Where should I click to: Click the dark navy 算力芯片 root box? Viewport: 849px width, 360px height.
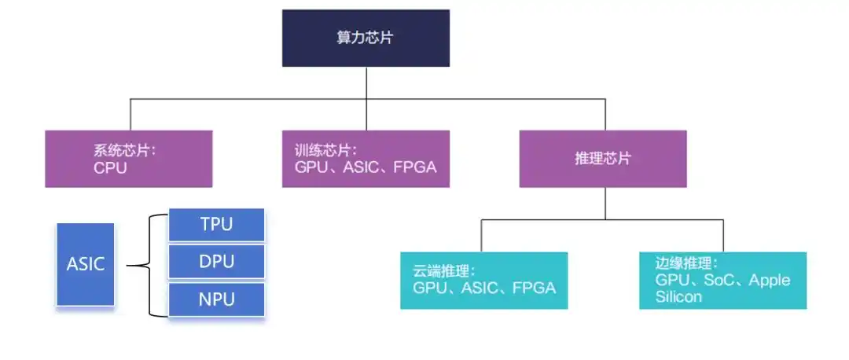pyautogui.click(x=366, y=38)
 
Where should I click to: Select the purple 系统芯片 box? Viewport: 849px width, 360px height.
pyautogui.click(x=128, y=159)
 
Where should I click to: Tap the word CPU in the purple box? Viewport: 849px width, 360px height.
pyautogui.click(x=110, y=167)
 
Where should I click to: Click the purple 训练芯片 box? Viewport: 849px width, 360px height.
pyautogui.click(x=366, y=159)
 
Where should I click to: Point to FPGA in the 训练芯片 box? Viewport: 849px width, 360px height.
pyautogui.click(x=414, y=167)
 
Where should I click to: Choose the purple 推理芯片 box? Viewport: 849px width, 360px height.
pyautogui.click(x=603, y=159)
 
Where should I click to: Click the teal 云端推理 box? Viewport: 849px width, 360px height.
pyautogui.click(x=483, y=280)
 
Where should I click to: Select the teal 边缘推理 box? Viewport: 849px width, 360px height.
pyautogui.click(x=722, y=280)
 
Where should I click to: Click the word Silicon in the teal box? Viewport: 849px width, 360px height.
pyautogui.click(x=680, y=297)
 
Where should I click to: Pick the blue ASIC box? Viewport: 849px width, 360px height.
pyautogui.click(x=85, y=264)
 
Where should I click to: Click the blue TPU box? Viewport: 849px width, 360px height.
pyautogui.click(x=216, y=225)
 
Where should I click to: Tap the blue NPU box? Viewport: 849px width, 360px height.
pyautogui.click(x=216, y=299)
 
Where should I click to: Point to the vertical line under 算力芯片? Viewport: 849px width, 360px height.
pyautogui.click(x=366, y=83)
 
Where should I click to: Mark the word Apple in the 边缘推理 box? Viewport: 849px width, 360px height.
pyautogui.click(x=770, y=281)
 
